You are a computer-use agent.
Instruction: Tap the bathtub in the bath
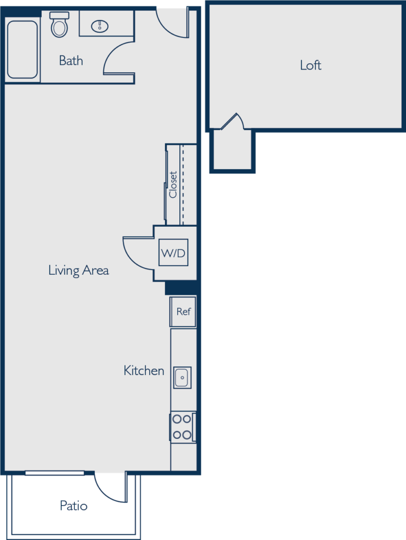coord(23,50)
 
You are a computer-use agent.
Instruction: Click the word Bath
coord(71,61)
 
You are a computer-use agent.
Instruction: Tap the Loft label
coord(310,65)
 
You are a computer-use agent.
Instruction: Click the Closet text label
coord(173,185)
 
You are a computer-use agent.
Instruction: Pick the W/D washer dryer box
coord(173,253)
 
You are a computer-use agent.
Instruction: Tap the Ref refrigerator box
coord(183,312)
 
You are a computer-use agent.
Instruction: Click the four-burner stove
coord(182,427)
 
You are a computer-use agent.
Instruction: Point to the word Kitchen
coord(143,371)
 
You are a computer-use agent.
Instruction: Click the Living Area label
coord(79,271)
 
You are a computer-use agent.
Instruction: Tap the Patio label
coord(73,506)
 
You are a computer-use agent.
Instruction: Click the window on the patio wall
coord(54,472)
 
